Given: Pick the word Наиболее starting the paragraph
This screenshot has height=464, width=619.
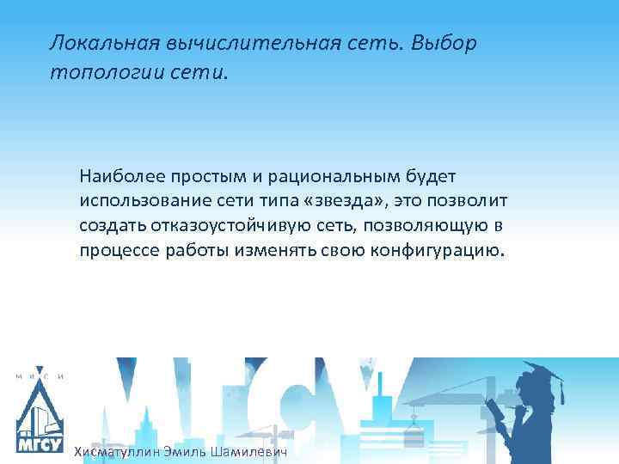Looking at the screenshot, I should (115, 176).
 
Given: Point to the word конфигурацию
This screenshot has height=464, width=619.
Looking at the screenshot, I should (447, 251).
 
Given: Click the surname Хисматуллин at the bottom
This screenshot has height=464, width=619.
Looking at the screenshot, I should (117, 452).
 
